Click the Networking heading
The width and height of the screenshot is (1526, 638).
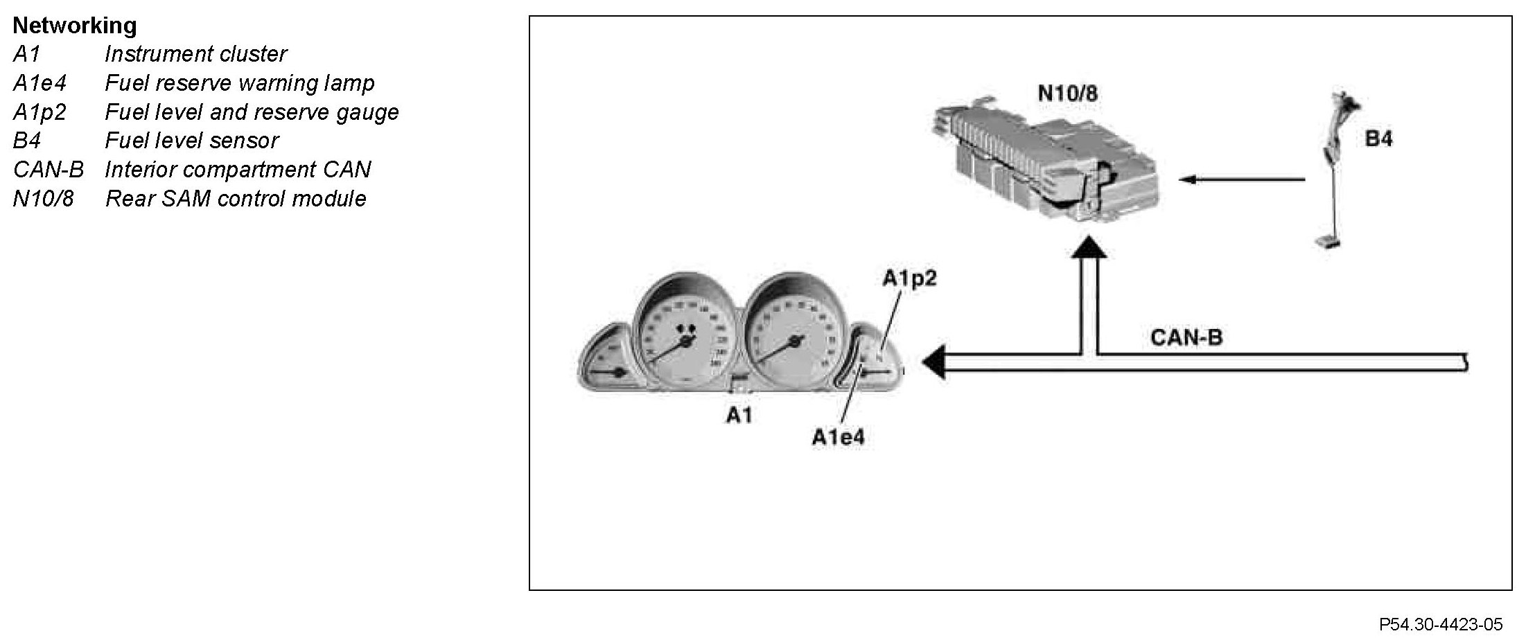tap(75, 26)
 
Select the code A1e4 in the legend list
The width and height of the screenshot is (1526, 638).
tap(40, 83)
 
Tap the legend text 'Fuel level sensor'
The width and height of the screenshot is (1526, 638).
tap(191, 141)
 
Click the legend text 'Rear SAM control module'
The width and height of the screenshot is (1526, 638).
tap(236, 199)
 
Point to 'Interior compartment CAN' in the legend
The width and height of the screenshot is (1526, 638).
tap(238, 170)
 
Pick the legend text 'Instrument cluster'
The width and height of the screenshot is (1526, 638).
tap(195, 54)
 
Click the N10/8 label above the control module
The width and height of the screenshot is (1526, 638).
tap(1067, 93)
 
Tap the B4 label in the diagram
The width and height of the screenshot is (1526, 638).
tap(1378, 139)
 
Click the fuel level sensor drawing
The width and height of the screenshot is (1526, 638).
tap(1335, 173)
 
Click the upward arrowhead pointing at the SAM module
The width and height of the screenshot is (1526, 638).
tap(1089, 247)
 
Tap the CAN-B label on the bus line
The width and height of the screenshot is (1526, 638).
tap(1186, 337)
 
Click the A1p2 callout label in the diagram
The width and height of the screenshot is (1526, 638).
tap(909, 278)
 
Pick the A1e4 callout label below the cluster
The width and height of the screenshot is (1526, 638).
tap(838, 438)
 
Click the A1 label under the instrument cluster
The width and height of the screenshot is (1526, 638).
tap(739, 415)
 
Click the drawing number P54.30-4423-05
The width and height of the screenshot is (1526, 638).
tap(1439, 624)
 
